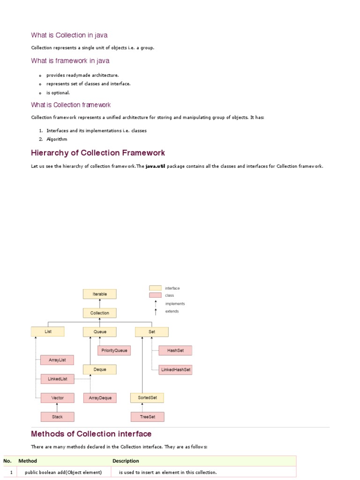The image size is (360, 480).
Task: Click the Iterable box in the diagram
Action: coord(99,294)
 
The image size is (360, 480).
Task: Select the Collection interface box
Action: coord(99,313)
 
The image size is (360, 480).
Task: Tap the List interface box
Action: coord(48,331)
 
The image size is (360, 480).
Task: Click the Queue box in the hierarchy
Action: coord(99,331)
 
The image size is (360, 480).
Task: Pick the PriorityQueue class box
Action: coord(114,350)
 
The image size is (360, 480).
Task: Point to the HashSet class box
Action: coord(175,350)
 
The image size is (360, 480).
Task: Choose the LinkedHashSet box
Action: coord(175,369)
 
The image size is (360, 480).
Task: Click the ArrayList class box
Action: coord(57,360)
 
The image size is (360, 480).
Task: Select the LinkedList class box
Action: coord(57,379)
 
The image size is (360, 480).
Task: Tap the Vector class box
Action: coord(57,397)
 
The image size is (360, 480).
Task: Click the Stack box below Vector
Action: coord(57,416)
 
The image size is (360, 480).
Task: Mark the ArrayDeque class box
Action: coord(100,397)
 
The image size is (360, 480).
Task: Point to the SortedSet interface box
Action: coord(147,397)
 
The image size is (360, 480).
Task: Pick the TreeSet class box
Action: coord(147,416)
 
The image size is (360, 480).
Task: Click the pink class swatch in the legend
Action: coord(155,295)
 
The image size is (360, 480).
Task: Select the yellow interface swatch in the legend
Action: coord(155,288)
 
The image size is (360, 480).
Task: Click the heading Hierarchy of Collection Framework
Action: coord(97,153)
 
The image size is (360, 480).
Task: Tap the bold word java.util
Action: coord(155,166)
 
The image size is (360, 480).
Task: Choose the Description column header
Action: coord(126,461)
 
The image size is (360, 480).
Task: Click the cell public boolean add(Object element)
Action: coord(63,472)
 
